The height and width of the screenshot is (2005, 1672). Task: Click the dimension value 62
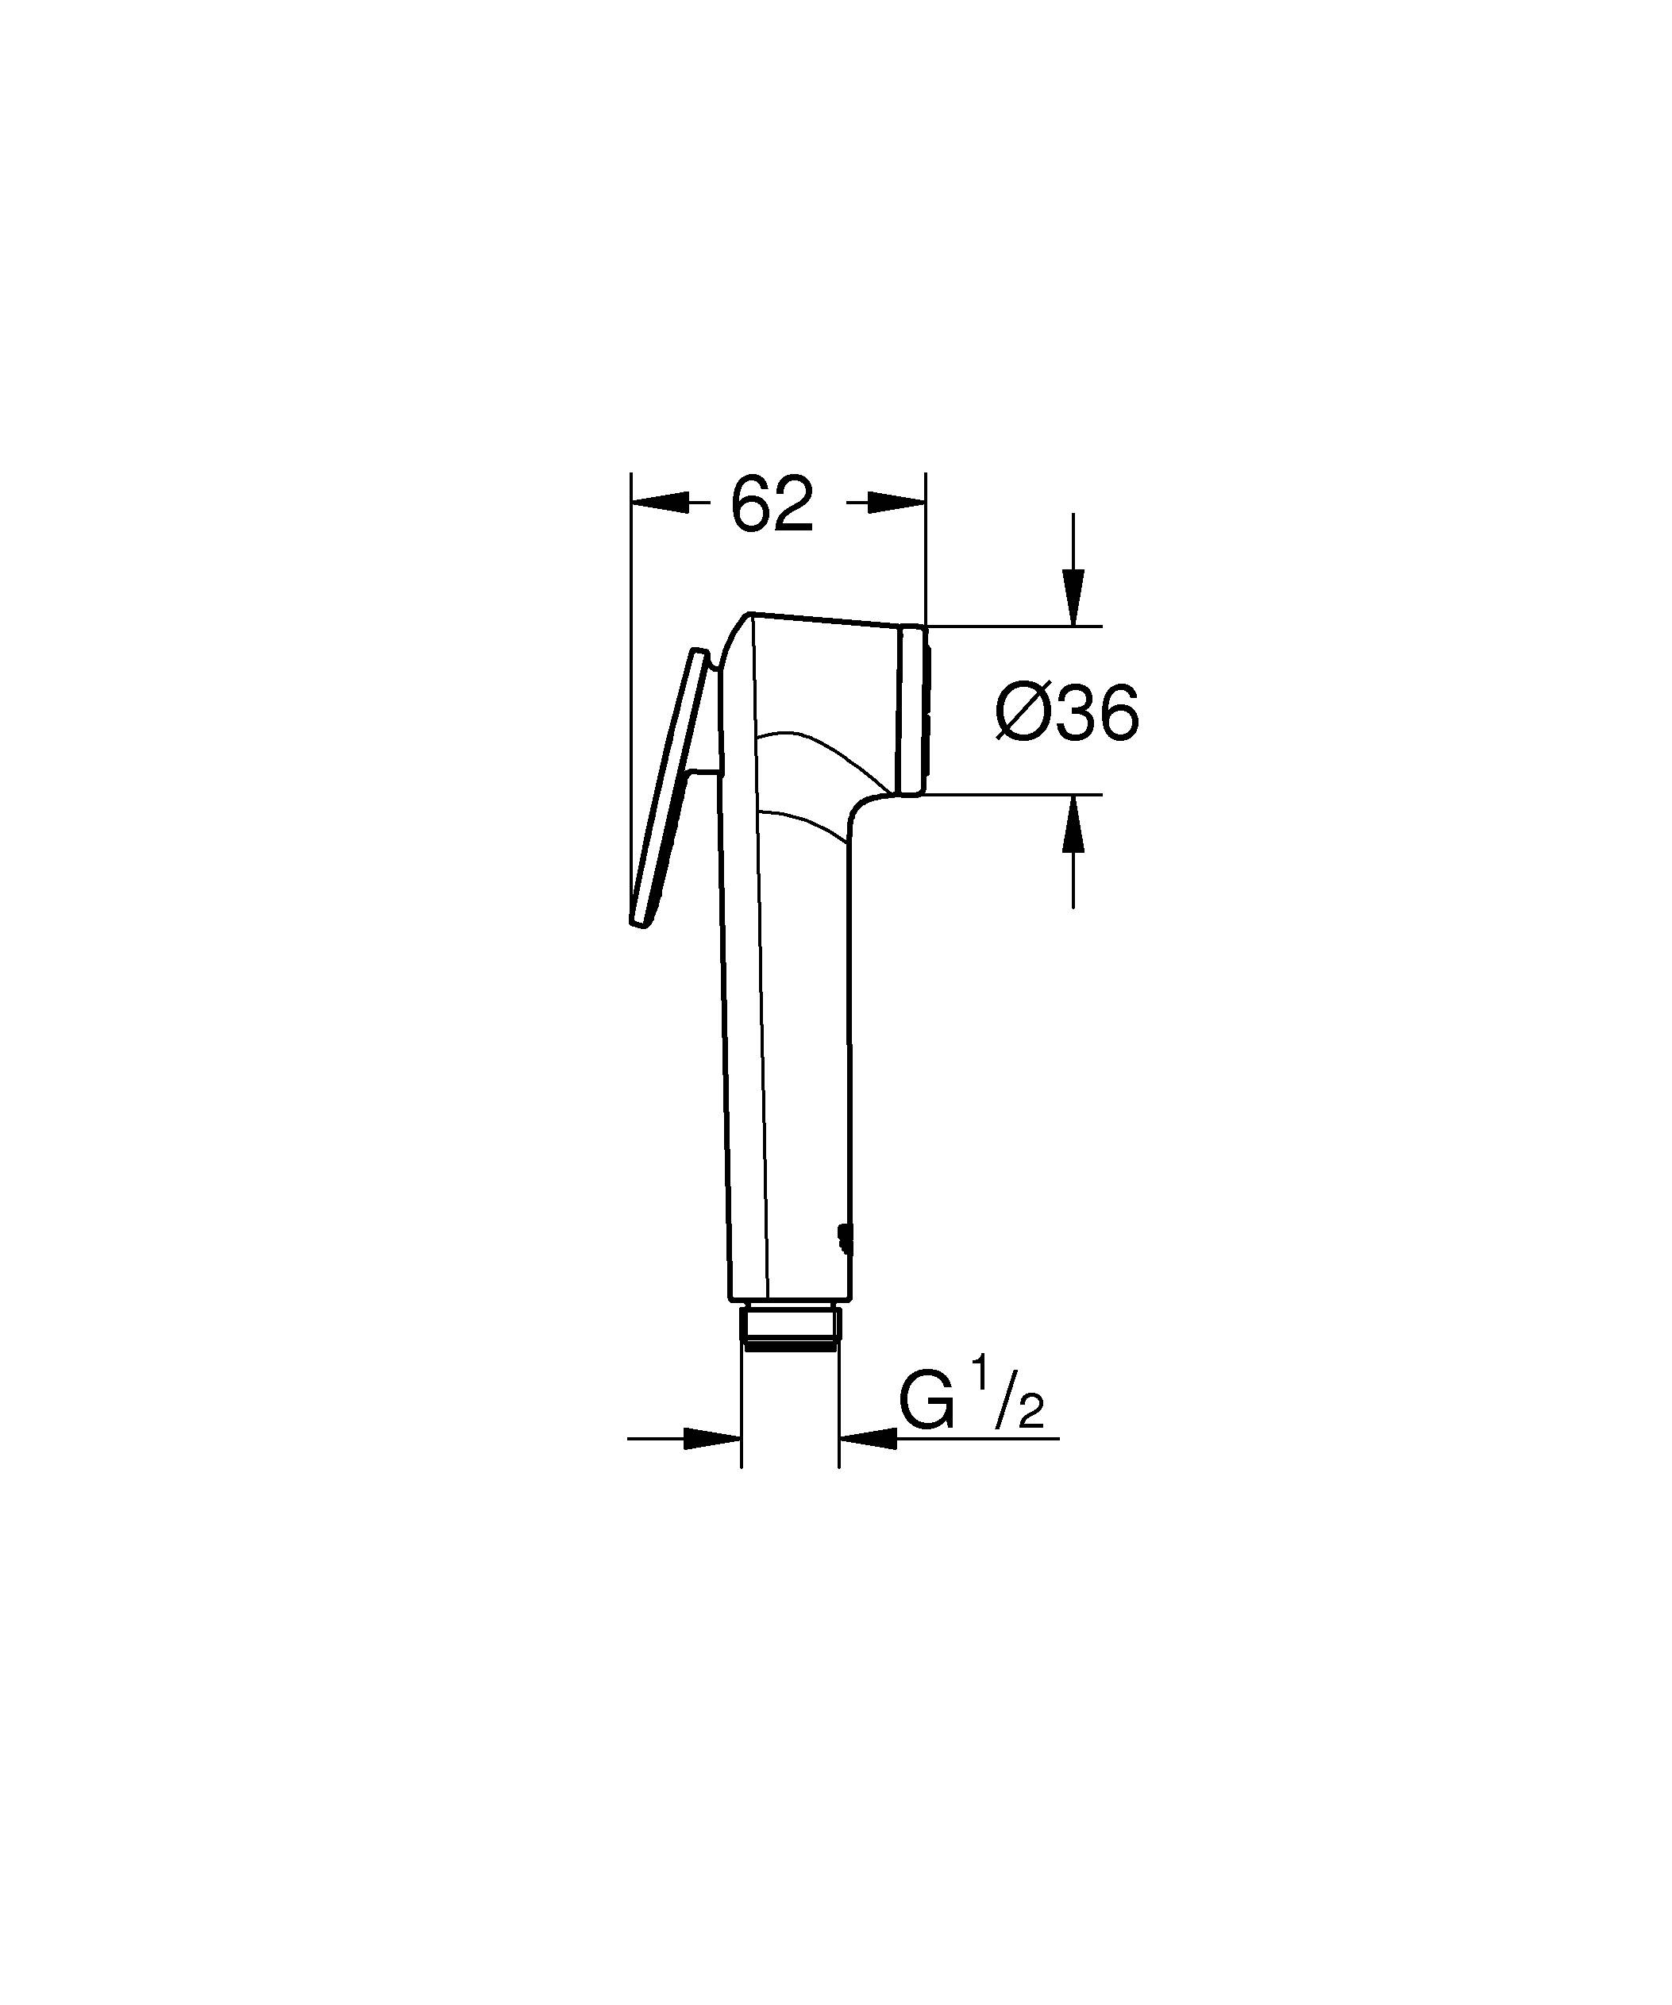click(771, 504)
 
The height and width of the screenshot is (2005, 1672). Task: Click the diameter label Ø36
click(1066, 713)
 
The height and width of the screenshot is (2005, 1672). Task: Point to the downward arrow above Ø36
click(1073, 596)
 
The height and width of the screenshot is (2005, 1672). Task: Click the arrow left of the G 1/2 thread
click(712, 1464)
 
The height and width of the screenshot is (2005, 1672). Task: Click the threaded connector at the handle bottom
click(790, 1325)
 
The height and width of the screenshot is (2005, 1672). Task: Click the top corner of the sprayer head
click(751, 615)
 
